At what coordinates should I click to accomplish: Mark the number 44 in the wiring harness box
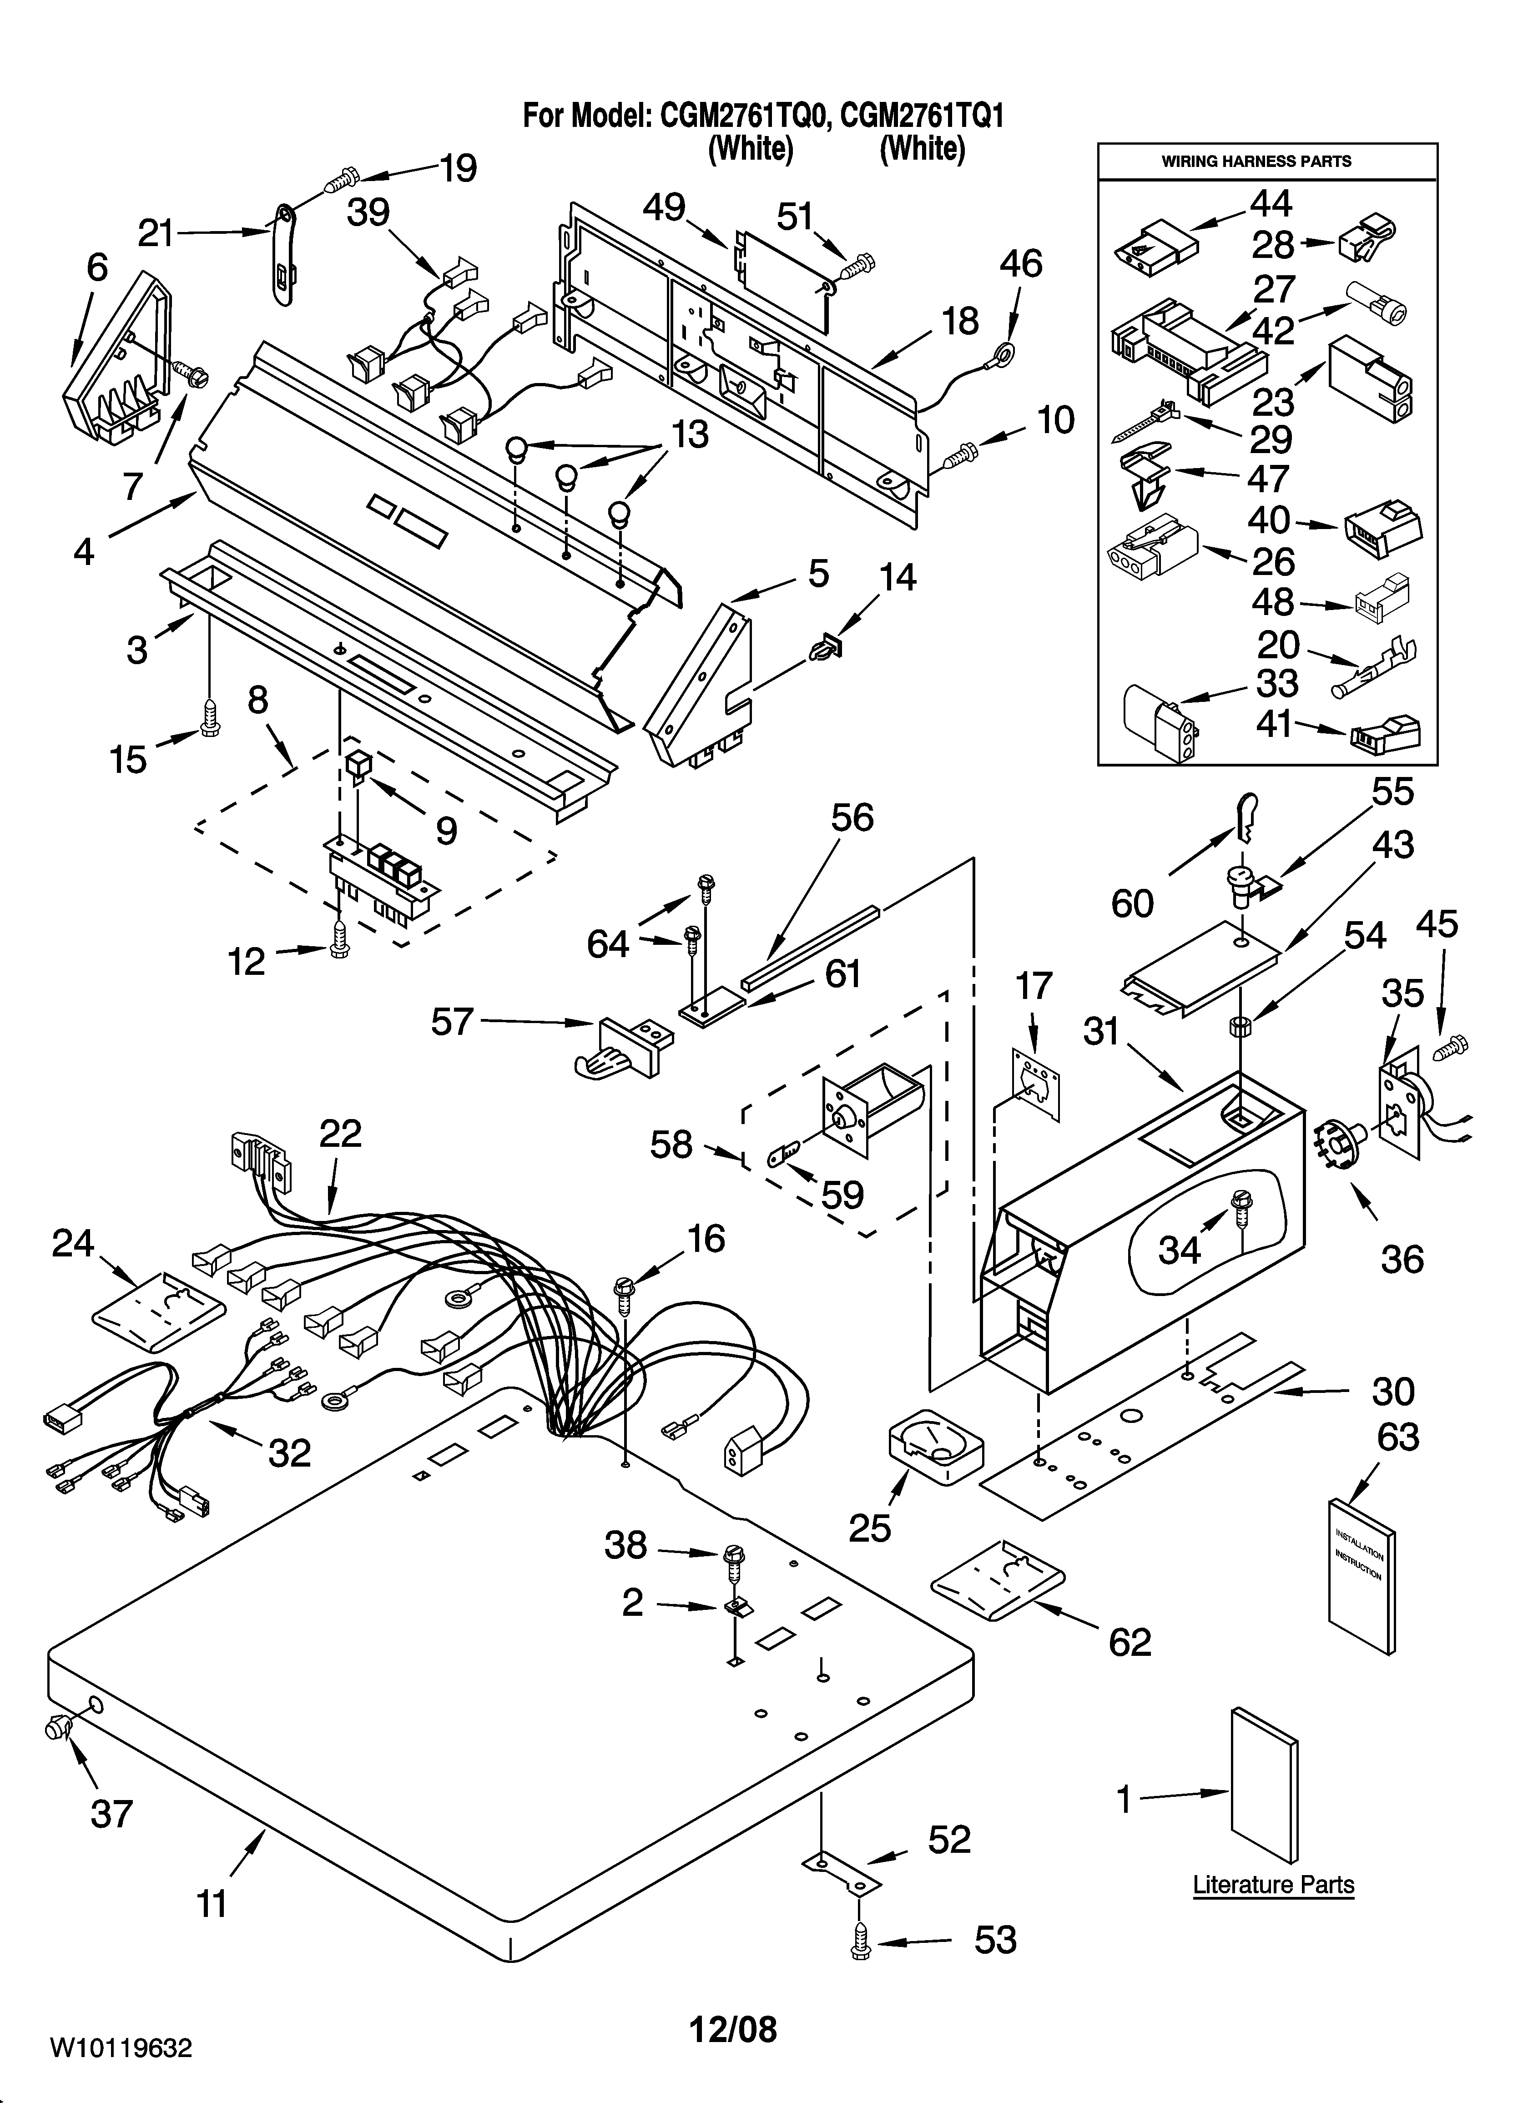pyautogui.click(x=1271, y=203)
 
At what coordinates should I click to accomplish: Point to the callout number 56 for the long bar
pyautogui.click(x=852, y=818)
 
